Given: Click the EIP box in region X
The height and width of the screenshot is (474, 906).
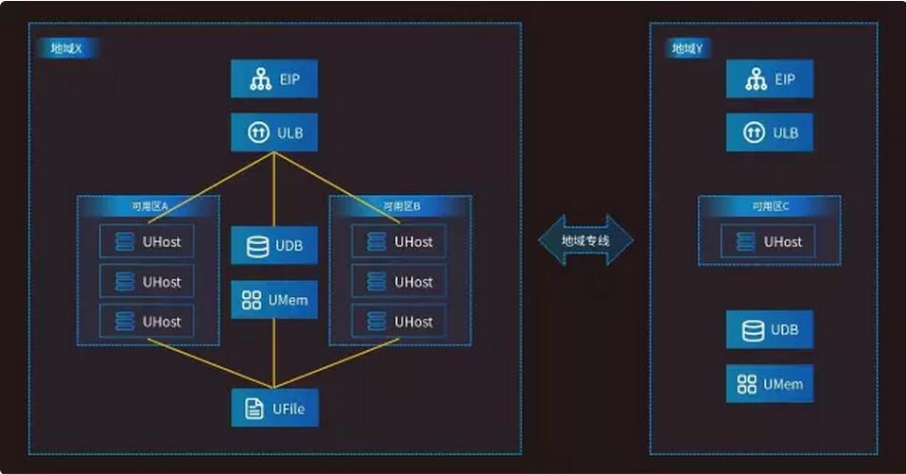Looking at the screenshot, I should click(274, 79).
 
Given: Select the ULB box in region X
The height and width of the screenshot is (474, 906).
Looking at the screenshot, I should click(274, 132).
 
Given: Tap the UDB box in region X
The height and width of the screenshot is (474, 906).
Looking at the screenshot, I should click(274, 245).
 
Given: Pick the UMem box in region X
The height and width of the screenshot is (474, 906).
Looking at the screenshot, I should click(274, 300).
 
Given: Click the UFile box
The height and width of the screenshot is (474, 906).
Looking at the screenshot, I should click(274, 409).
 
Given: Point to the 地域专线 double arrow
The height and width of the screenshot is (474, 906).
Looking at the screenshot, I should click(585, 240).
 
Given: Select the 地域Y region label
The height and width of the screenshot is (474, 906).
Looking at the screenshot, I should click(687, 48).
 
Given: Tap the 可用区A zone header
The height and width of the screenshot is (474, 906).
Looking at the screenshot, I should click(148, 205).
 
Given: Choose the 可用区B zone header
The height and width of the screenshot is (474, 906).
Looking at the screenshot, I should click(400, 205).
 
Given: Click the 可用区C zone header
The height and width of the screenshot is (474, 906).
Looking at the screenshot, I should click(769, 205).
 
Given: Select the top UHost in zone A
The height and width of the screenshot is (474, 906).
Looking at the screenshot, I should click(147, 241).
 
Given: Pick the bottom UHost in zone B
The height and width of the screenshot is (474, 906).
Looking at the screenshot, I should click(398, 322).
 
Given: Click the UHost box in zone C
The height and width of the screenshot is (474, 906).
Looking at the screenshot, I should click(768, 241).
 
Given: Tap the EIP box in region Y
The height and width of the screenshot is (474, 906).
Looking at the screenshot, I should click(770, 79).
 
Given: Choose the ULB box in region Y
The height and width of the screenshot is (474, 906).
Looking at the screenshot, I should click(770, 132).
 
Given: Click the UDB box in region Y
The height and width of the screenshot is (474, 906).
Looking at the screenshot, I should click(770, 329).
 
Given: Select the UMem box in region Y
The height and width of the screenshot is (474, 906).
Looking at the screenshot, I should click(770, 384).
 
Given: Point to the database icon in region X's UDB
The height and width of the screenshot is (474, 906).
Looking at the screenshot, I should click(256, 246).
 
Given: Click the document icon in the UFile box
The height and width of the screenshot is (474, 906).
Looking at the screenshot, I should click(253, 409).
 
